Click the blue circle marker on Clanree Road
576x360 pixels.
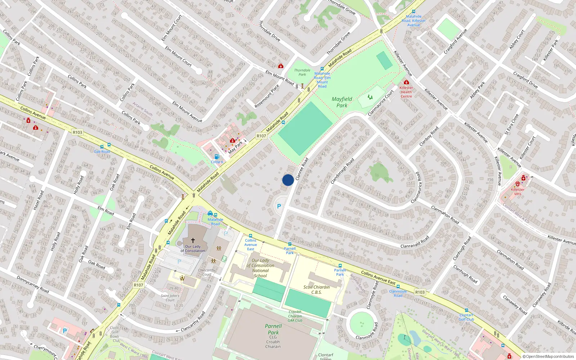[x=288, y=180]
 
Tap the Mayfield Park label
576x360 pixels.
[x=342, y=102]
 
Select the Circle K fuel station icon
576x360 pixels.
[x=217, y=157]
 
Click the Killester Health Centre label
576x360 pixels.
[x=406, y=92]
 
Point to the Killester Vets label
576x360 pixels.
[x=517, y=192]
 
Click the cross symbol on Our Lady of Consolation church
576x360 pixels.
[x=193, y=240]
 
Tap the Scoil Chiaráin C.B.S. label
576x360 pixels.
[x=316, y=289]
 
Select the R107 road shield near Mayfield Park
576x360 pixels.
[x=261, y=136]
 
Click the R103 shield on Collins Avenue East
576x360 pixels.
[x=419, y=292]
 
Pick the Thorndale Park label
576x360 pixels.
[x=302, y=72]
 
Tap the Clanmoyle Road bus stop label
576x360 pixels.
[x=398, y=293]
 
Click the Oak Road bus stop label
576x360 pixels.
[x=102, y=152]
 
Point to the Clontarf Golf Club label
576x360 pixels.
[x=466, y=317]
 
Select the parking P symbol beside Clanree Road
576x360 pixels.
[x=279, y=207]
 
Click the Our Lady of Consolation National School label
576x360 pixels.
[x=260, y=268]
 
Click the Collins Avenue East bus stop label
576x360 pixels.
[x=251, y=245]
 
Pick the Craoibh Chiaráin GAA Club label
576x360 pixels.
[x=295, y=316]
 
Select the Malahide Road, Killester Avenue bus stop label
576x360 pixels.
[x=413, y=21]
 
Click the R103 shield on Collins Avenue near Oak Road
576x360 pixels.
[x=77, y=132]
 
